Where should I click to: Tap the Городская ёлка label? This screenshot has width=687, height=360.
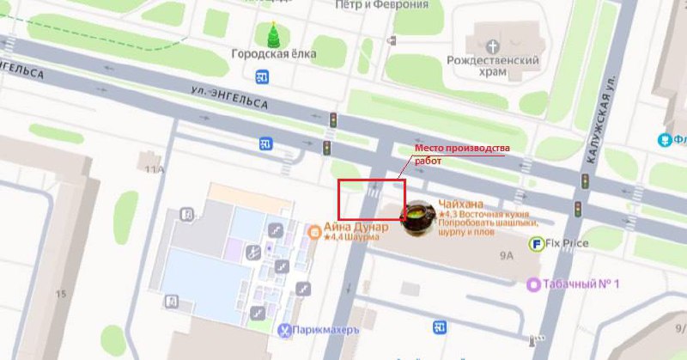pyautogui.click(x=274, y=53)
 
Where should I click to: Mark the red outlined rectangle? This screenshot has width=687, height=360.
pyautogui.click(x=371, y=199)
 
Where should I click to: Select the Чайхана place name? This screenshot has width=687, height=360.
pyautogui.click(x=460, y=204)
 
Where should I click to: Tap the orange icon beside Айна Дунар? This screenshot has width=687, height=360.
pyautogui.click(x=315, y=230)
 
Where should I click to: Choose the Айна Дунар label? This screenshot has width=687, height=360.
pyautogui.click(x=356, y=227)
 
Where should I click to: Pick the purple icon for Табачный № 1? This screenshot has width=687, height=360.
pyautogui.click(x=534, y=284)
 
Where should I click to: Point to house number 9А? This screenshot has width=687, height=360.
pyautogui.click(x=506, y=254)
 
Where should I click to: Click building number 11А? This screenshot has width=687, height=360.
pyautogui.click(x=155, y=170)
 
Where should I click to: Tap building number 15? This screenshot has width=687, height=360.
pyautogui.click(x=60, y=294)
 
